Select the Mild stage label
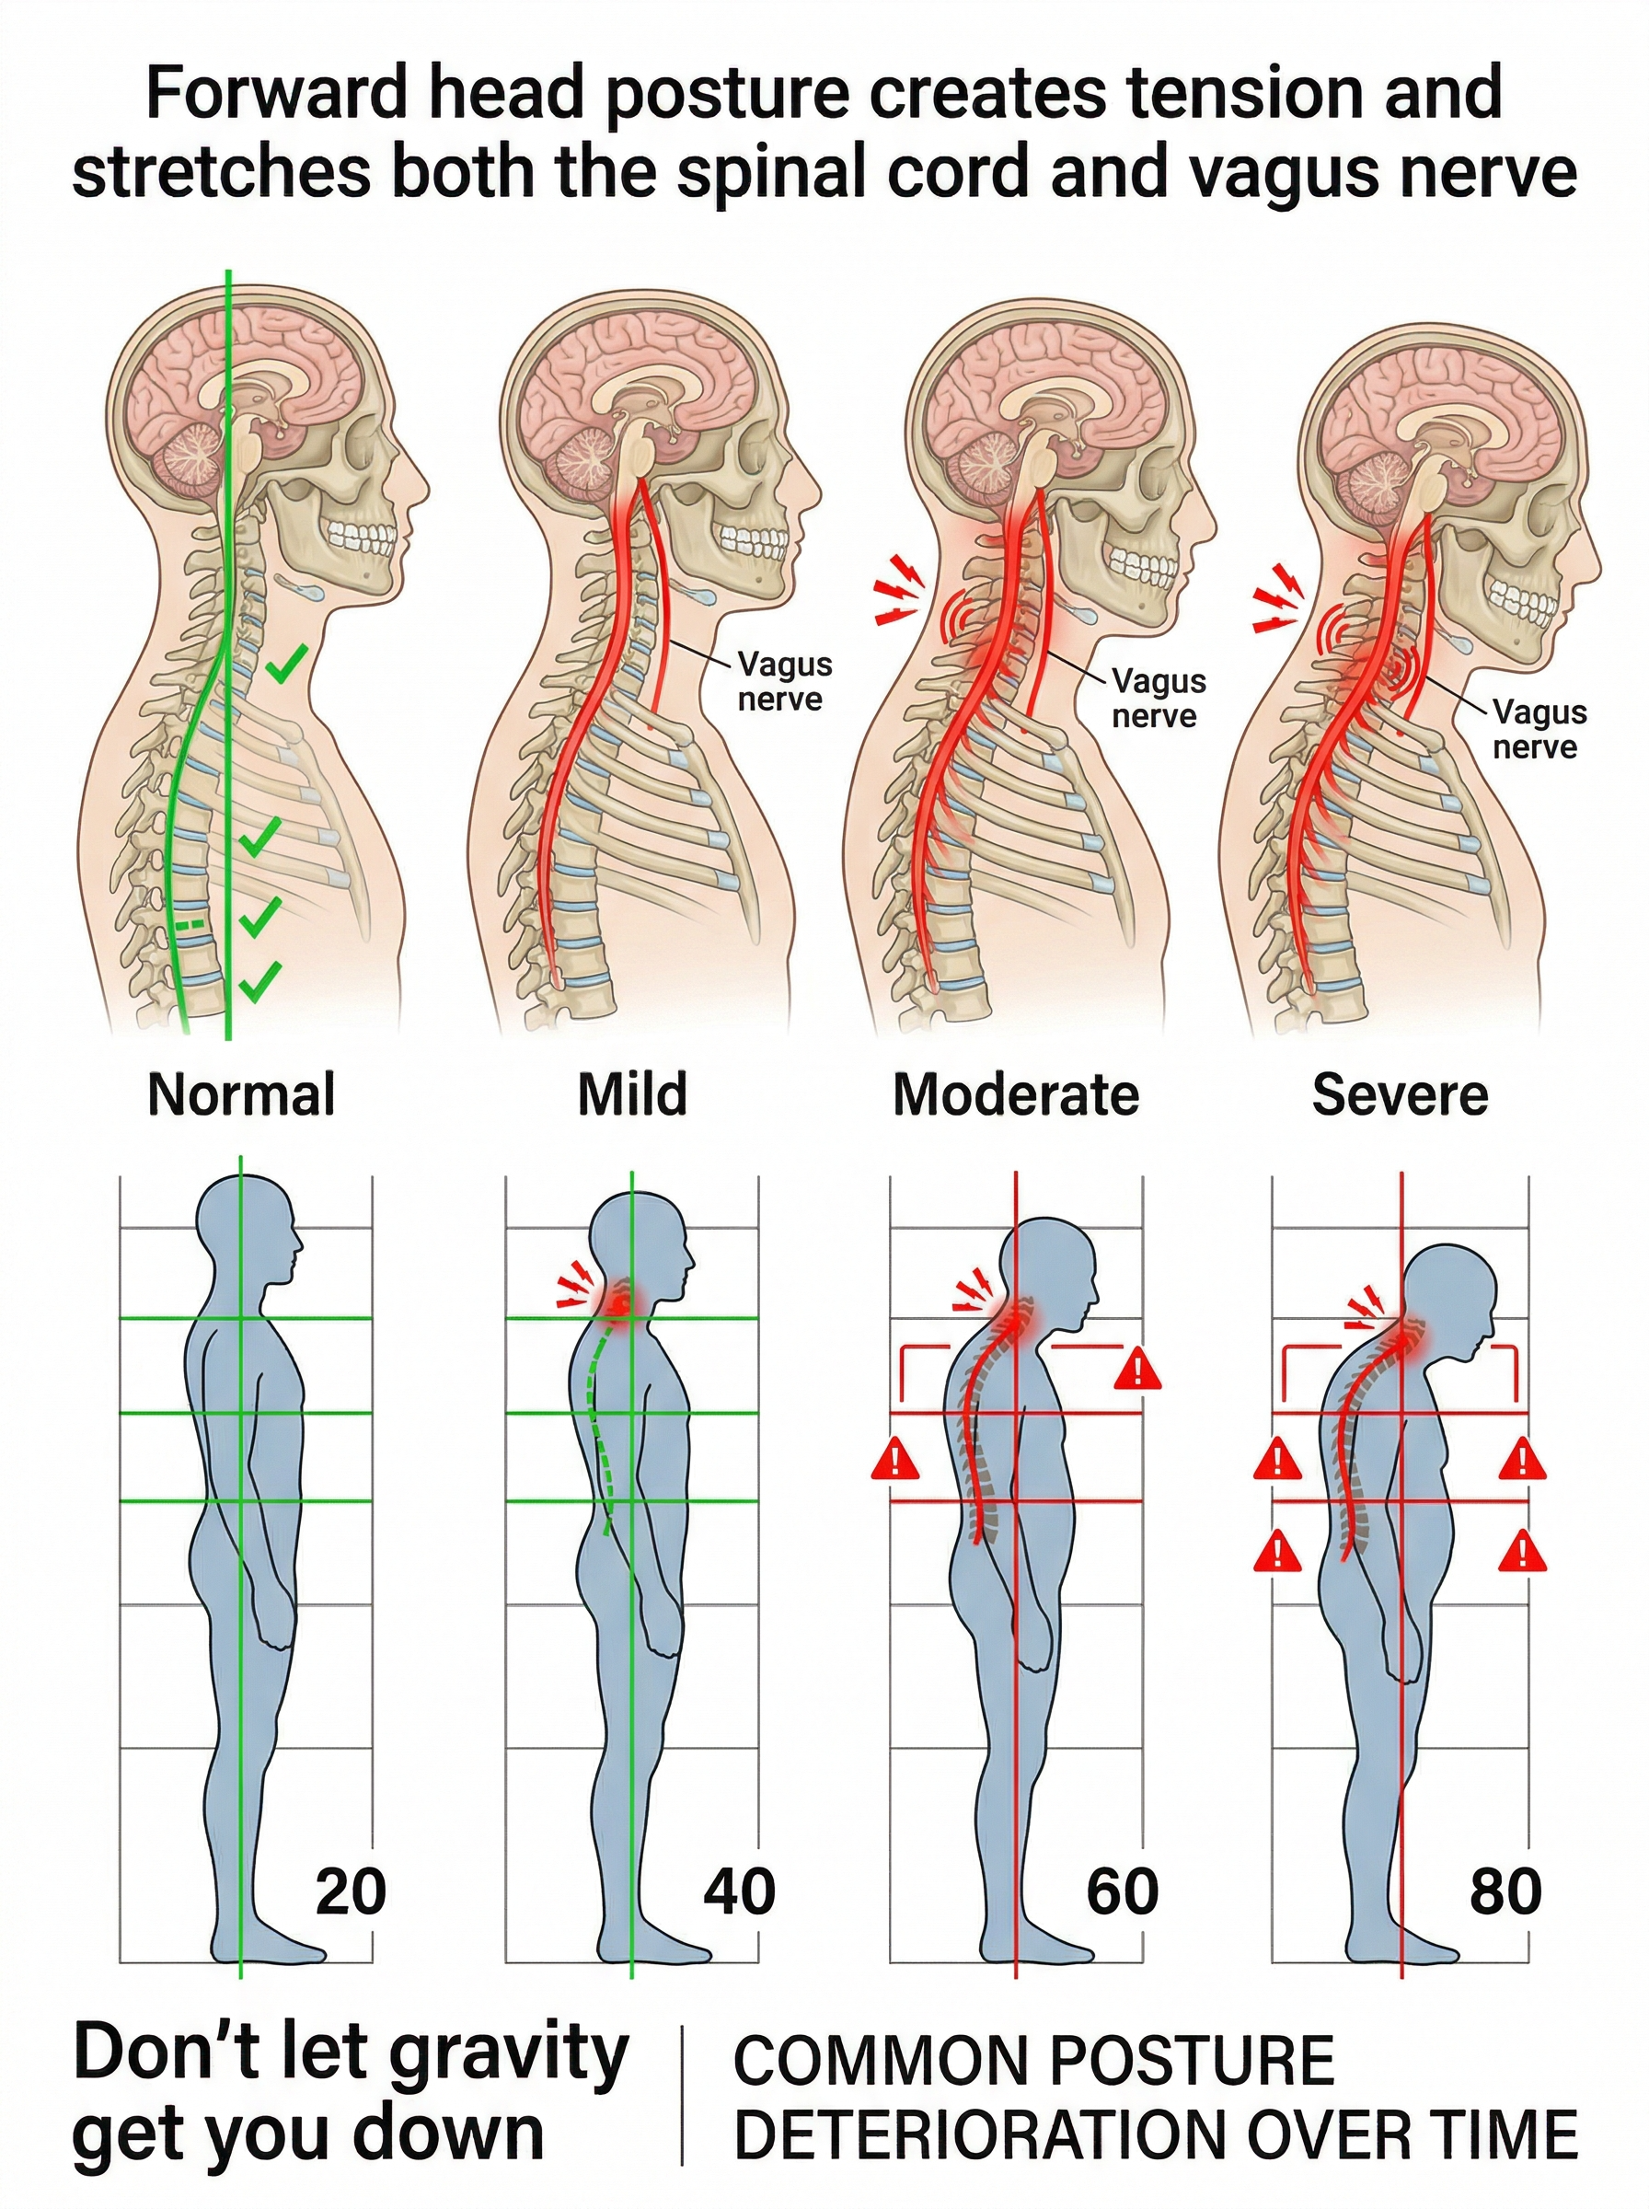(632, 1094)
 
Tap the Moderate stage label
(1015, 1094)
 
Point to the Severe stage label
(1400, 1094)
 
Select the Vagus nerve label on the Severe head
(1539, 730)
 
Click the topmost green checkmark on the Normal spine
(286, 663)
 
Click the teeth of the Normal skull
(363, 536)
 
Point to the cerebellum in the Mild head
(585, 463)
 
